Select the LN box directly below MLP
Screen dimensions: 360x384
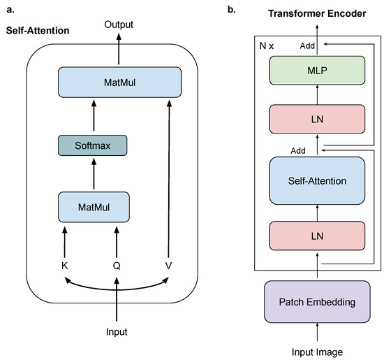[317, 118]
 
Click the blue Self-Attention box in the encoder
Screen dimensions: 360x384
[317, 181]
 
